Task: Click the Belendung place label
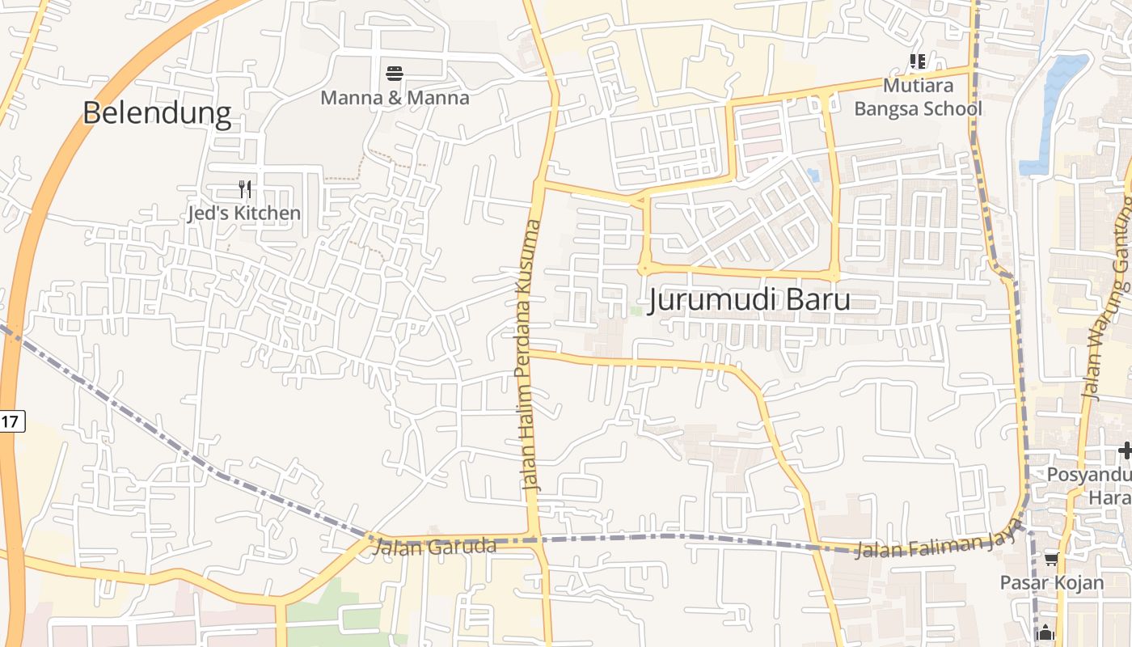157,112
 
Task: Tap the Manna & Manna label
395,98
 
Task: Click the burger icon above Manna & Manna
395,74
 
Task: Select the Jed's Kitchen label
244,214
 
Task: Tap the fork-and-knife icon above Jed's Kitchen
245,190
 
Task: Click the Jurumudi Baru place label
749,300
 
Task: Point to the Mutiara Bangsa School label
918,97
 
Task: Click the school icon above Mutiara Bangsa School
918,61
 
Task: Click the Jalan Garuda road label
435,547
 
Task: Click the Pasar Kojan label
1051,582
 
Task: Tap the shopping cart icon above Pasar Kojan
1051,559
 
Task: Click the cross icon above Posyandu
1125,450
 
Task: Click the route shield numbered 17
11,421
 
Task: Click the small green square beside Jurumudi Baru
636,311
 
